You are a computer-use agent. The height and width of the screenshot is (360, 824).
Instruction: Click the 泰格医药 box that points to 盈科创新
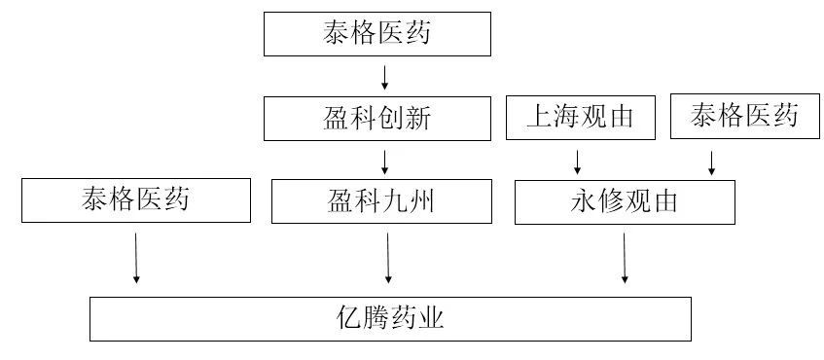pyautogui.click(x=377, y=35)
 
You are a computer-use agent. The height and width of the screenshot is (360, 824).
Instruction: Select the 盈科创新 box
pyautogui.click(x=377, y=119)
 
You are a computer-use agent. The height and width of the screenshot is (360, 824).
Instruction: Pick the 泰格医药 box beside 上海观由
pyautogui.click(x=744, y=117)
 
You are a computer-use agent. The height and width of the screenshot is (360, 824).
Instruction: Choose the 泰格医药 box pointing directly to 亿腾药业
pyautogui.click(x=135, y=201)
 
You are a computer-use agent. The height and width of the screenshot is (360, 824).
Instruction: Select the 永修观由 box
pyautogui.click(x=624, y=202)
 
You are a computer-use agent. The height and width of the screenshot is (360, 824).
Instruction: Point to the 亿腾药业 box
pyautogui.click(x=390, y=319)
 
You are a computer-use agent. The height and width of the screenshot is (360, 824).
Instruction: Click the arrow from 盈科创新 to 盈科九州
pyautogui.click(x=386, y=161)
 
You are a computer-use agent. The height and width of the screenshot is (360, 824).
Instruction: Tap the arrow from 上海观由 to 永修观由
pyautogui.click(x=578, y=162)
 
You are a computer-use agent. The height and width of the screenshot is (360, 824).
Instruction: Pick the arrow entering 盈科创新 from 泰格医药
pyautogui.click(x=386, y=77)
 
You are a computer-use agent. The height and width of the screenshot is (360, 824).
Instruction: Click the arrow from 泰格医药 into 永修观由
pyautogui.click(x=712, y=162)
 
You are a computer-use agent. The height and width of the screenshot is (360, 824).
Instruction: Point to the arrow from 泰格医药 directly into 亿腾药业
pyautogui.click(x=136, y=257)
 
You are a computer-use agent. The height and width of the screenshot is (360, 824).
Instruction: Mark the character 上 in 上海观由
pyautogui.click(x=539, y=118)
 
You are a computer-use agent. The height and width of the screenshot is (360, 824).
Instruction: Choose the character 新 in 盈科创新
pyautogui.click(x=416, y=119)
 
